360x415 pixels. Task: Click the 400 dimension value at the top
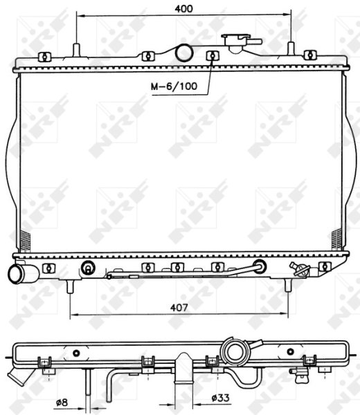183,9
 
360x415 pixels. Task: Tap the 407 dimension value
179,307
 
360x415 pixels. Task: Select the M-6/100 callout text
174,86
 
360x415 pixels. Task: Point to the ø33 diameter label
220,398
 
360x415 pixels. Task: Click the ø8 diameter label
62,403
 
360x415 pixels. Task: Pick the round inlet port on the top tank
184,53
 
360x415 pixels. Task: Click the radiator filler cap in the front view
241,42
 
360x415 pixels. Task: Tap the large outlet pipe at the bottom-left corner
22,273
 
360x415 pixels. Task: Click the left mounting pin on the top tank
76,50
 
